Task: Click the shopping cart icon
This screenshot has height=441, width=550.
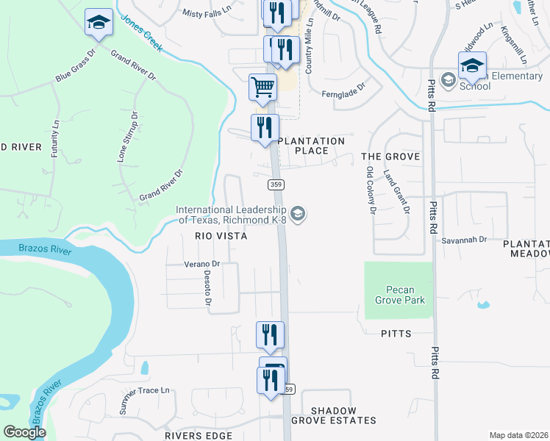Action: (x=262, y=87)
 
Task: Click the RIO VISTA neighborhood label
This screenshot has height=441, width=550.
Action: (x=220, y=236)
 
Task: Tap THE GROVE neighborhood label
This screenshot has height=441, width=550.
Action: (x=390, y=157)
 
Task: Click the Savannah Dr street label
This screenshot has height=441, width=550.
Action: (x=465, y=240)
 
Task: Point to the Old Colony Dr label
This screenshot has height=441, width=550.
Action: (x=371, y=190)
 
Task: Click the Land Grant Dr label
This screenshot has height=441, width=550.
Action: (x=396, y=190)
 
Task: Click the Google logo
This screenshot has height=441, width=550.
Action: (x=25, y=432)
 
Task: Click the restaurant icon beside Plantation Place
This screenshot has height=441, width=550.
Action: (x=265, y=127)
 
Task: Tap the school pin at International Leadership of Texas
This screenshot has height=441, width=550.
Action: (x=298, y=214)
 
